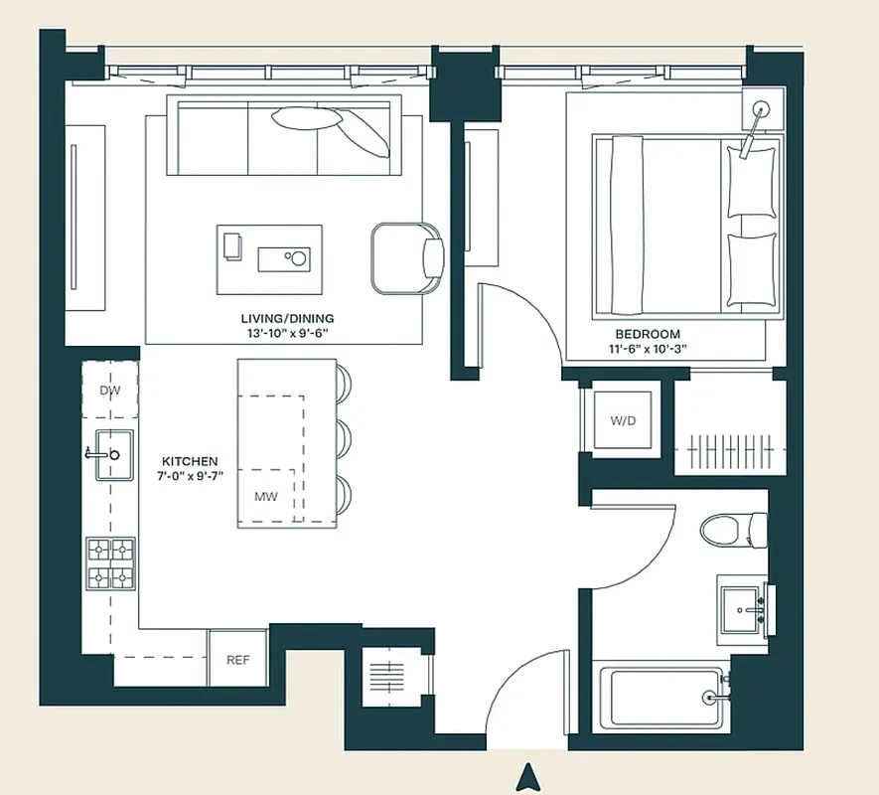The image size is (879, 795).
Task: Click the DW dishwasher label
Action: pyautogui.click(x=109, y=391)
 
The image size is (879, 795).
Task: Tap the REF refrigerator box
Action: pyautogui.click(x=237, y=660)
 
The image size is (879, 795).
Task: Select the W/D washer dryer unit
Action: pyautogui.click(x=622, y=421)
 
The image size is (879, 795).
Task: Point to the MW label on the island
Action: pyautogui.click(x=265, y=496)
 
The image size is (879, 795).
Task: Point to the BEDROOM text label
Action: pyautogui.click(x=647, y=334)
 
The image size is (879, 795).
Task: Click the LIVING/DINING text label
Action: pyautogui.click(x=287, y=318)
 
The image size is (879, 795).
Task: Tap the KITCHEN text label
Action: pyautogui.click(x=190, y=461)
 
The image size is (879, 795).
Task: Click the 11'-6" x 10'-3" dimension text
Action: pyautogui.click(x=647, y=349)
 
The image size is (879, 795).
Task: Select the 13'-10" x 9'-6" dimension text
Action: pyautogui.click(x=287, y=334)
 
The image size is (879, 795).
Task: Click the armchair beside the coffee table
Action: pyautogui.click(x=407, y=258)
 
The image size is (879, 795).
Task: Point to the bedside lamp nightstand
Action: pyautogui.click(x=763, y=106)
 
